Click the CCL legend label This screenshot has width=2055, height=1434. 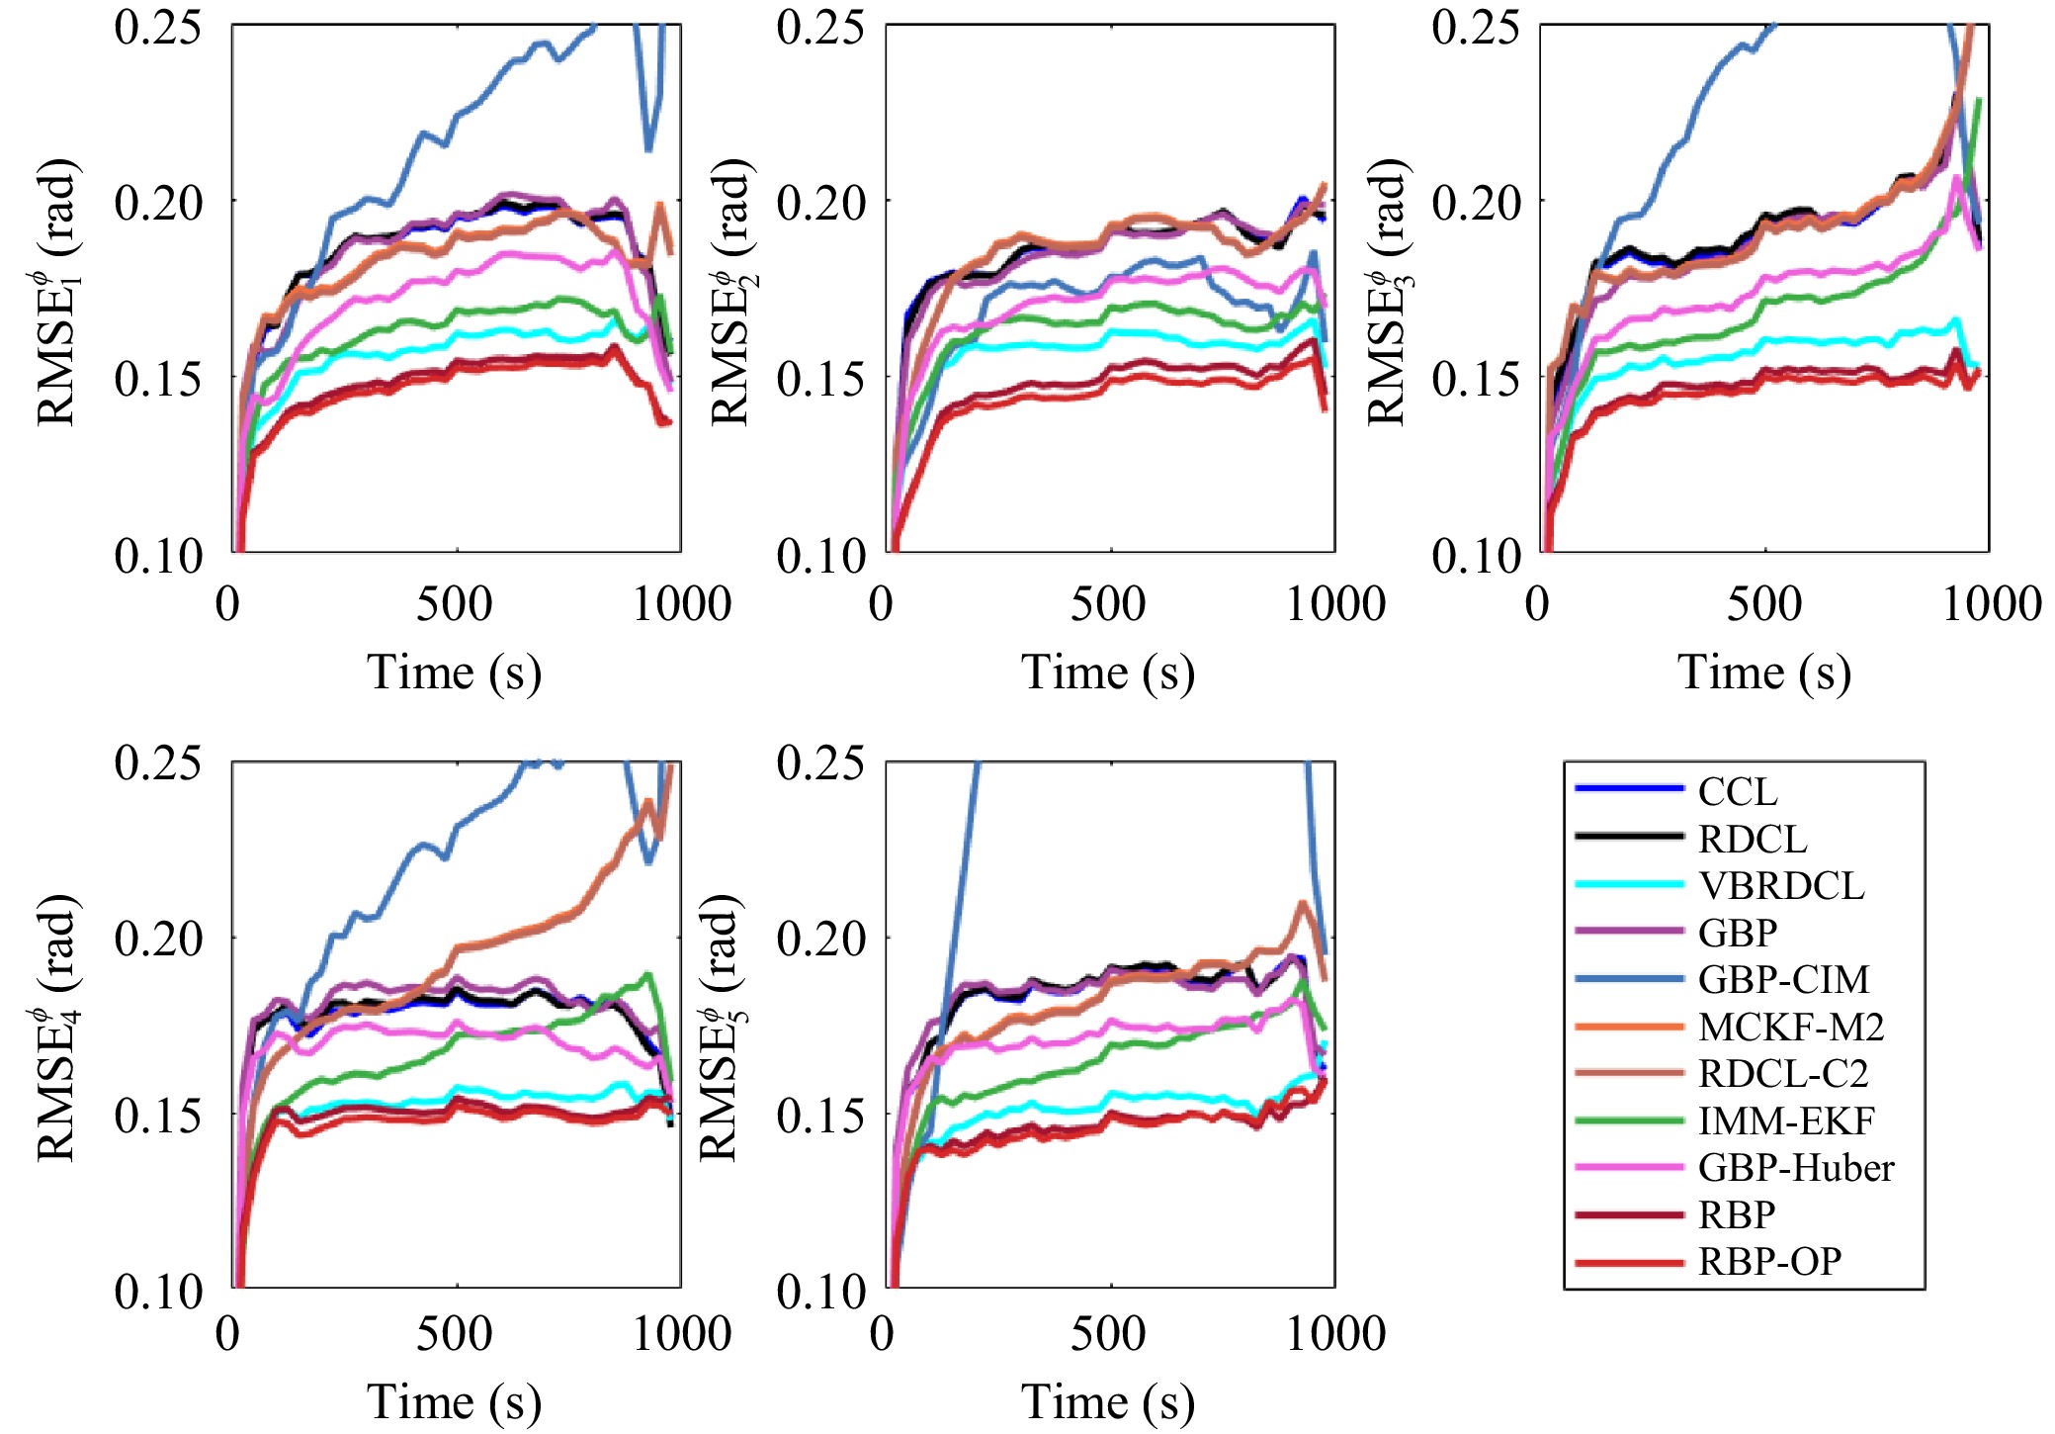click(x=1737, y=791)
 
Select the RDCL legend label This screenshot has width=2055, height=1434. click(x=1752, y=839)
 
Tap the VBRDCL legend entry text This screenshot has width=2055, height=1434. click(x=1780, y=885)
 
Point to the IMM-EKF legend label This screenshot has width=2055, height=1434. click(x=1785, y=1120)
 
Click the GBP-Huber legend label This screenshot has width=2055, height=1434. click(x=1795, y=1168)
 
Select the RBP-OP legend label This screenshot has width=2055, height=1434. click(x=1769, y=1262)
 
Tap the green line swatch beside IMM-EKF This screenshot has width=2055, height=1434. click(x=1628, y=1120)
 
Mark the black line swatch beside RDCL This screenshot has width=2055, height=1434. click(x=1628, y=837)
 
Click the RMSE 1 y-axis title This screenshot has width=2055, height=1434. click(x=57, y=292)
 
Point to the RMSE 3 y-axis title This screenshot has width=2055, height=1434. click(x=1387, y=292)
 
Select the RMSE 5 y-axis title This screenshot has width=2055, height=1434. click(x=721, y=1029)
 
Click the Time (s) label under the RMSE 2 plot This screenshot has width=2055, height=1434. click(x=1107, y=672)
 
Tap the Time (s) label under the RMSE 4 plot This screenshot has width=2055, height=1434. click(x=454, y=1401)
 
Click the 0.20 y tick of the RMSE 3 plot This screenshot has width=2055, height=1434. click(x=1475, y=203)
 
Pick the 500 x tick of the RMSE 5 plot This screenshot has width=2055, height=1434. click(x=1108, y=1333)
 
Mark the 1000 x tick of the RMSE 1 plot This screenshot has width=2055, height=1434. click(x=682, y=603)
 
